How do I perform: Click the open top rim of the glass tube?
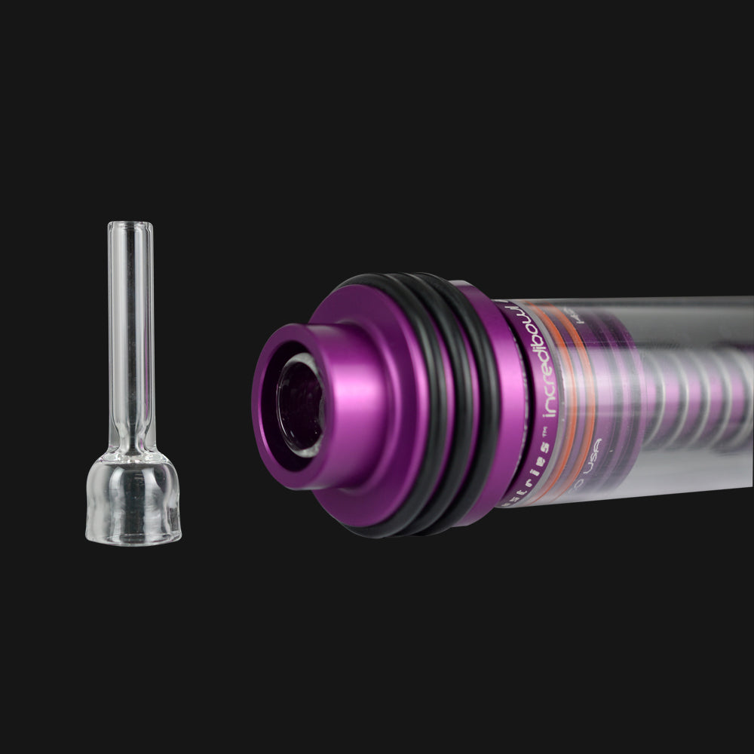tap(130, 225)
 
